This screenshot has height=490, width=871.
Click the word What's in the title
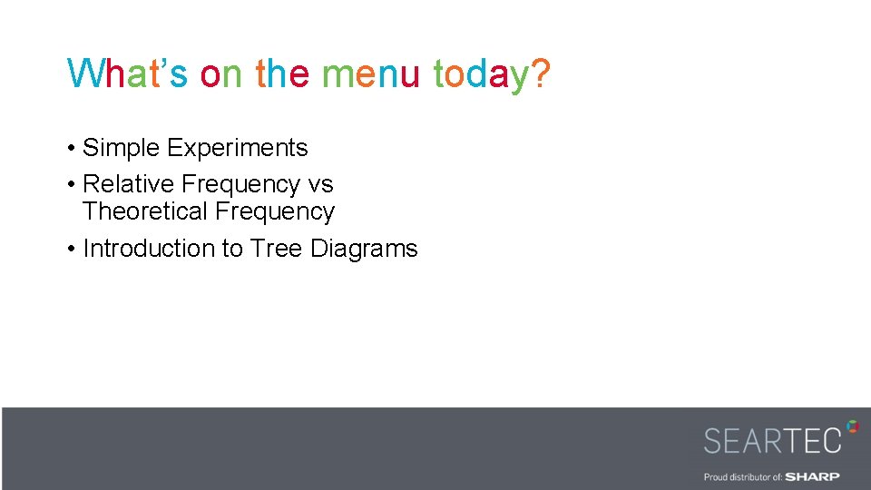127,73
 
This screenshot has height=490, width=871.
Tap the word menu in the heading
370,73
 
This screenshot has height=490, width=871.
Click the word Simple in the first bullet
122,148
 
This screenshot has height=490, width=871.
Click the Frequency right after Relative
240,184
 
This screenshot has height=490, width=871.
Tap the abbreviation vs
321,184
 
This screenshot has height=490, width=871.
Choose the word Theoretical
144,211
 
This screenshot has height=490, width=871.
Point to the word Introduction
149,249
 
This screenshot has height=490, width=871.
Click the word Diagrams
364,249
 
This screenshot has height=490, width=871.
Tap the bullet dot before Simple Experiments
71,149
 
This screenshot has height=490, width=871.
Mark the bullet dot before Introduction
71,250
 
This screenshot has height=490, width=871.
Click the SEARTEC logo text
772,440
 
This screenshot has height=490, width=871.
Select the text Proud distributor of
743,476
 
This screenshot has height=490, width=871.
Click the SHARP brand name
812,476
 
